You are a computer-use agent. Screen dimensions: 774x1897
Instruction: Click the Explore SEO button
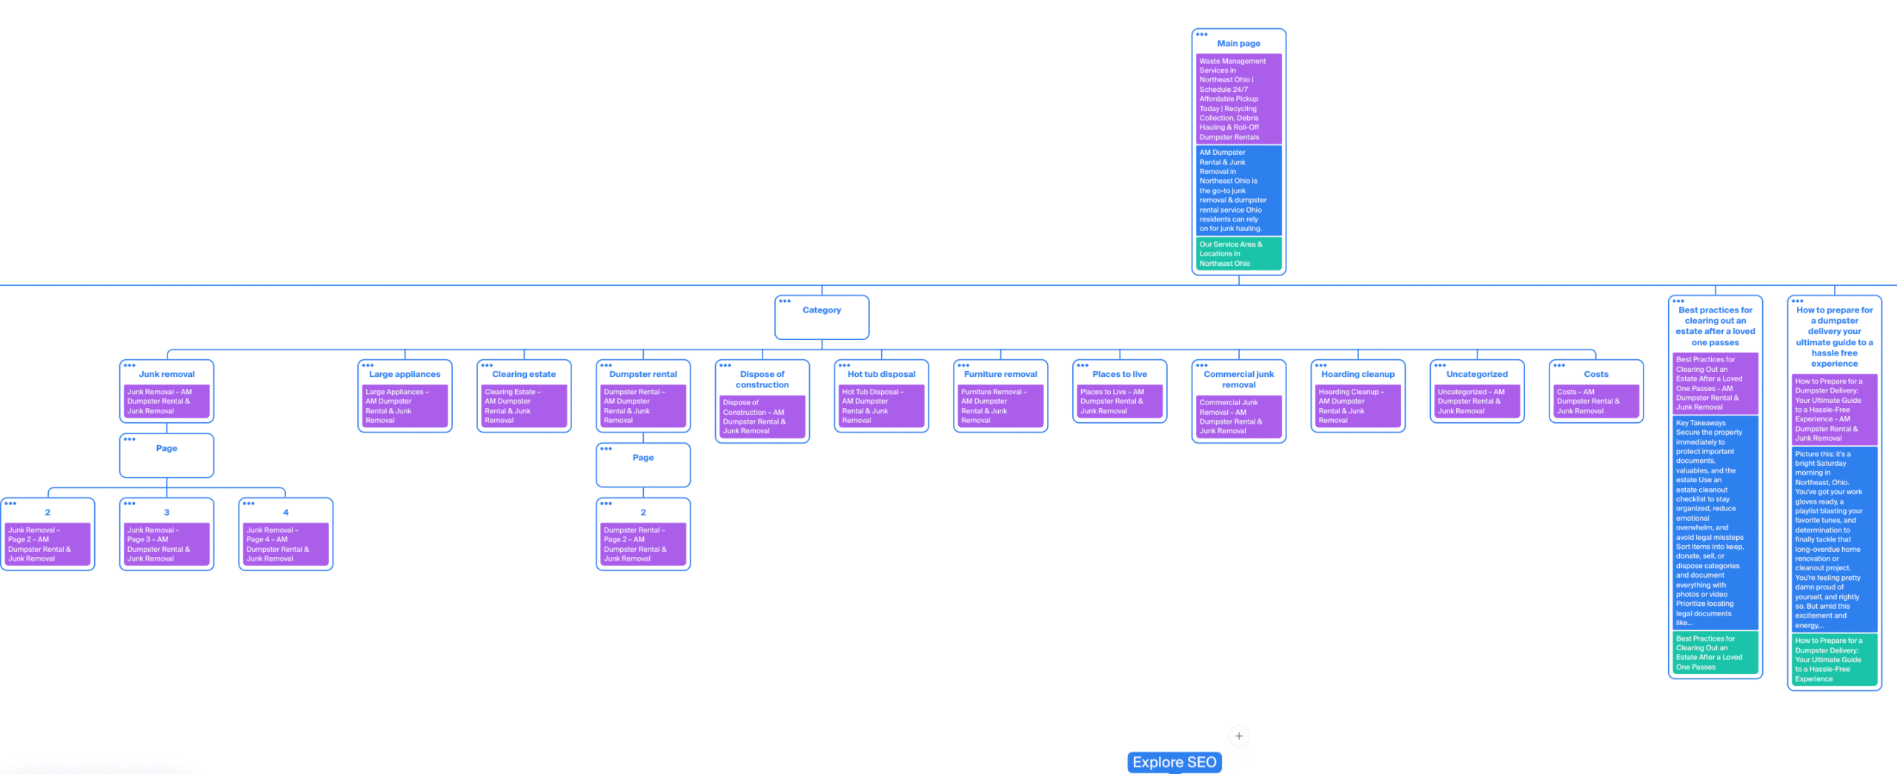1174,762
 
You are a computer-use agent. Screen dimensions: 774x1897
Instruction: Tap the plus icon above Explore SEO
1238,735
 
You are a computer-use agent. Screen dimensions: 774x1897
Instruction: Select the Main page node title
1238,44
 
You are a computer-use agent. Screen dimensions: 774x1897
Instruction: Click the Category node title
821,310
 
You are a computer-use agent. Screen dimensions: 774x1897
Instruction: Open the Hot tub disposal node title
881,374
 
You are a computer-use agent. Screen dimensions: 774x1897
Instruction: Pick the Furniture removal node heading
1000,374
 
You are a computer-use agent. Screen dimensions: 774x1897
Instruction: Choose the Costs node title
1595,374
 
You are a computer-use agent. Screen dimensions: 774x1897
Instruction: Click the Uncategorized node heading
1476,374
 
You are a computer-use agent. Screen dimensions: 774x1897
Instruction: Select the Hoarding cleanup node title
1357,374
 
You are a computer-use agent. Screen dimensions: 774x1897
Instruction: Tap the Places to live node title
1119,374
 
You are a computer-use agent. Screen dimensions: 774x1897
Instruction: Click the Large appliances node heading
405,374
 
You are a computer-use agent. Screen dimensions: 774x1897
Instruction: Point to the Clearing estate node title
523,374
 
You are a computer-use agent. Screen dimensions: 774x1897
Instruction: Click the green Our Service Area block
1238,253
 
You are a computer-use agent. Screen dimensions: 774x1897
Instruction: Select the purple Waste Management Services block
1238,99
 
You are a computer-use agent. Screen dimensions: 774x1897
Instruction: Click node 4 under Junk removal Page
285,513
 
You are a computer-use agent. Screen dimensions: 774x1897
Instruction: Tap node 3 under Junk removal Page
167,513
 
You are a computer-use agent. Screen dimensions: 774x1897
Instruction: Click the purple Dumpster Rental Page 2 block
642,544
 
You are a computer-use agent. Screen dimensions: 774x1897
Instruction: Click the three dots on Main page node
1201,34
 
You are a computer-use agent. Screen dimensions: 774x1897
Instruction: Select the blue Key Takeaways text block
1714,523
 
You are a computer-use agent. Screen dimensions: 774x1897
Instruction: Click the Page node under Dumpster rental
642,458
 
